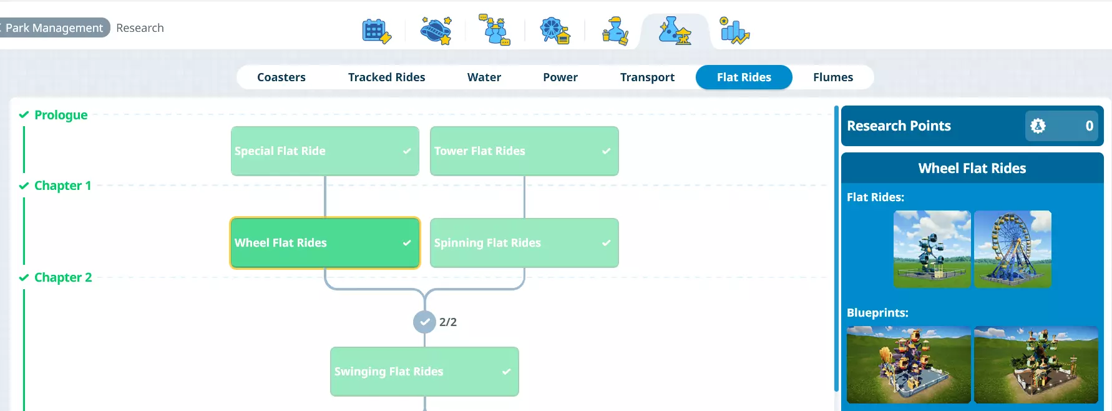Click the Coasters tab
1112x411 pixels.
tap(281, 77)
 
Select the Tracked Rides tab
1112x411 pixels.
tap(386, 77)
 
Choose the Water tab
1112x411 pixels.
tap(484, 77)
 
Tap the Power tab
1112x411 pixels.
tap(560, 77)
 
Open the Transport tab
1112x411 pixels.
tap(647, 77)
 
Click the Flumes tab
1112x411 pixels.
tap(832, 77)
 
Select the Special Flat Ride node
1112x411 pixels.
tap(324, 151)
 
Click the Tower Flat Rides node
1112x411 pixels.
tap(524, 151)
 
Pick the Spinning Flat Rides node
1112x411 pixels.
tap(524, 243)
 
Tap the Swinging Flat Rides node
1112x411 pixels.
tap(424, 372)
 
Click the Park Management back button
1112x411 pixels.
tap(54, 28)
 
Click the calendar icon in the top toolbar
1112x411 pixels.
tap(376, 31)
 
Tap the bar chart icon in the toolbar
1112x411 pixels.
tap(734, 31)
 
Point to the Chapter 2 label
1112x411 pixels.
tap(63, 277)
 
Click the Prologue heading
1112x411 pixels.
tap(61, 115)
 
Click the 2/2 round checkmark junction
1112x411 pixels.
tap(424, 322)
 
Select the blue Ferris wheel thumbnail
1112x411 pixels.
tap(1012, 249)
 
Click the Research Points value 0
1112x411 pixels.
tap(1089, 126)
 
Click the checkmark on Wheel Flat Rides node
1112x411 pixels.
tap(407, 243)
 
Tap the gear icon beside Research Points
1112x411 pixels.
tap(1038, 126)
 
